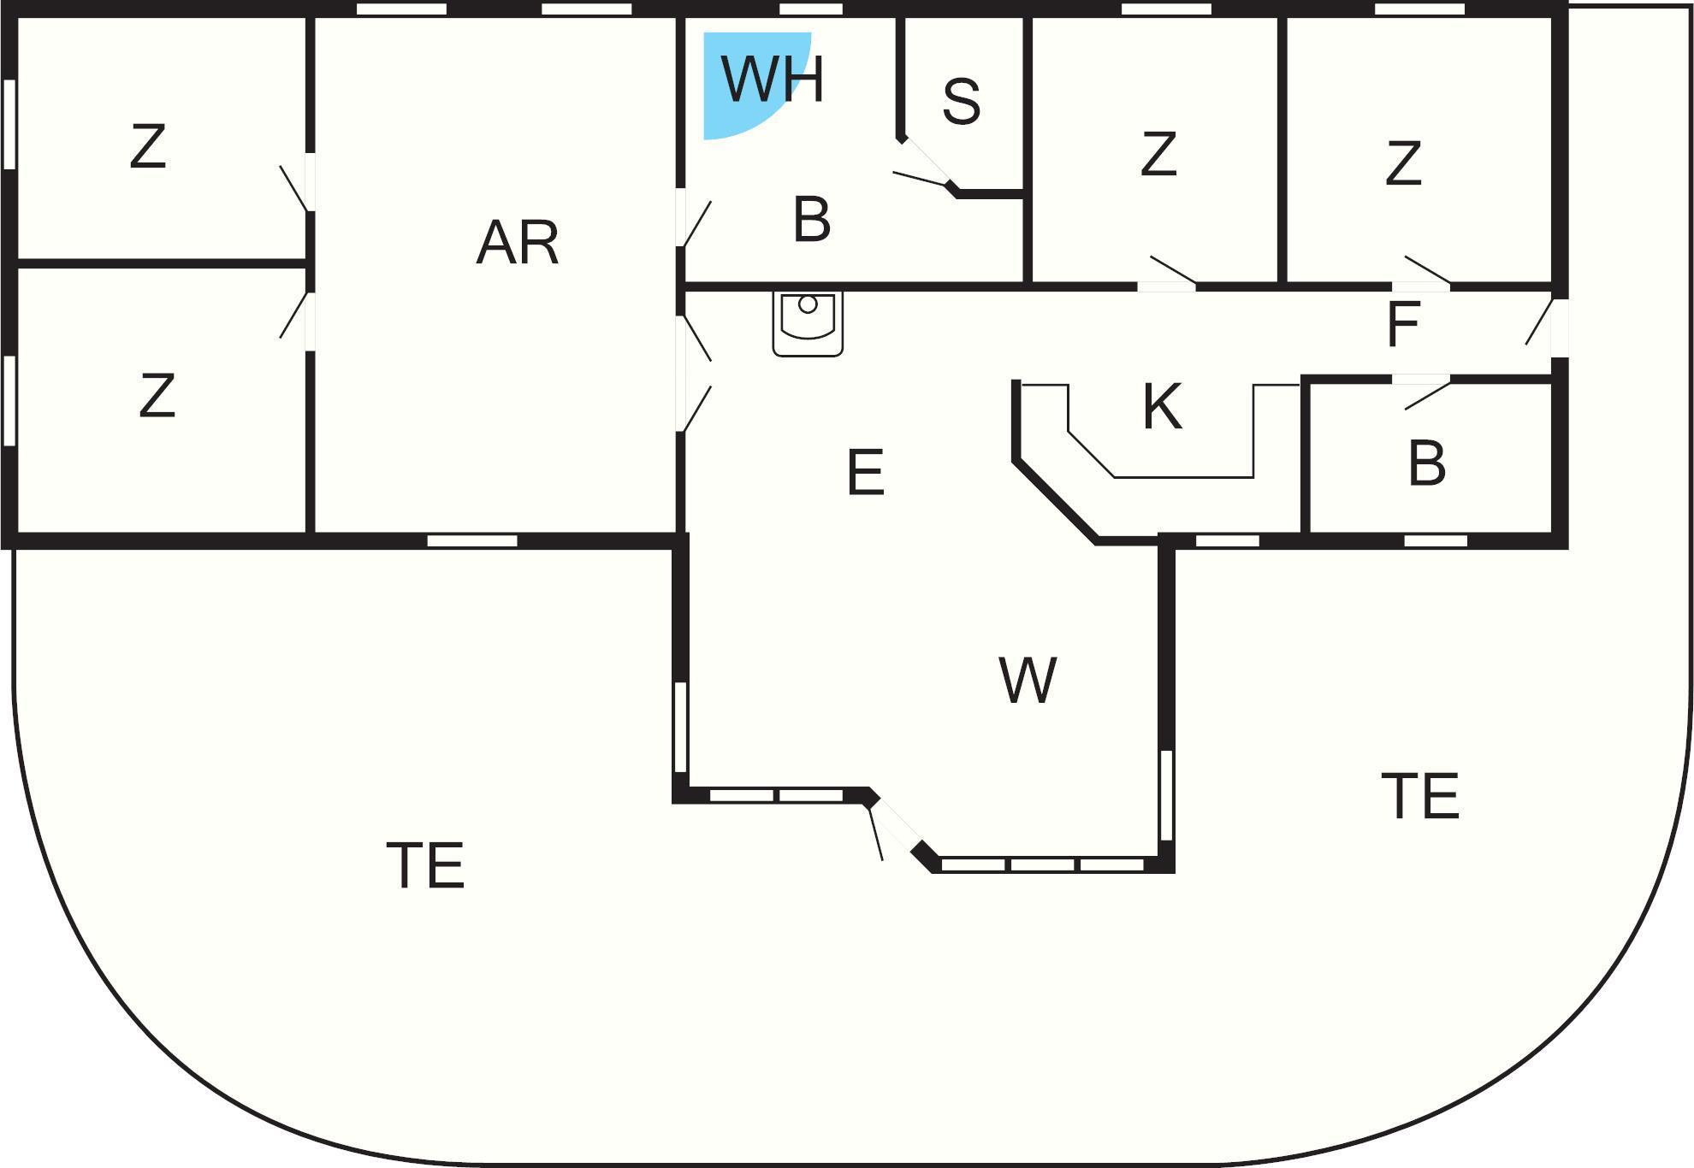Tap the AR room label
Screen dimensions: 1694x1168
[518, 242]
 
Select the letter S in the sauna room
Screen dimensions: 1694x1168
[961, 101]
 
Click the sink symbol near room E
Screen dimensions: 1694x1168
[808, 323]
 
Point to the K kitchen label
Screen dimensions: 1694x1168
[1162, 406]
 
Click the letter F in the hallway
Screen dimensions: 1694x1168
[1403, 324]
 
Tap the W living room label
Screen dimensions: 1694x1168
[1028, 681]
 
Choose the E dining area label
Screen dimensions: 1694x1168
[865, 472]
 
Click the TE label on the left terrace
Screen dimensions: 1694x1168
[425, 865]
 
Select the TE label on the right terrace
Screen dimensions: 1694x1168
[1420, 796]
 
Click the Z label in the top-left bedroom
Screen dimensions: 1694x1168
[147, 146]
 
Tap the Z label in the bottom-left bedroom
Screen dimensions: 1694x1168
[157, 395]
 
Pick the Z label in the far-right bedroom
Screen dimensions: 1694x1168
[1403, 163]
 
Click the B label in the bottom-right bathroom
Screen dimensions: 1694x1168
[1426, 463]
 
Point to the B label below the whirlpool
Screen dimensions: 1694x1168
[812, 219]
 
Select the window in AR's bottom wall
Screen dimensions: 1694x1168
[472, 540]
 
